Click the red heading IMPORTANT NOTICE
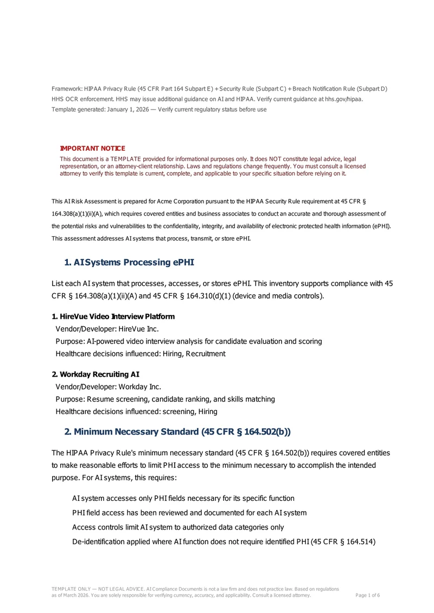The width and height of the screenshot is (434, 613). point(92,149)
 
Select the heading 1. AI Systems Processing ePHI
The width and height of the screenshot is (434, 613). point(129,262)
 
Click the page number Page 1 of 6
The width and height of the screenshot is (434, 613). point(367,595)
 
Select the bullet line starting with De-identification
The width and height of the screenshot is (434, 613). point(224,541)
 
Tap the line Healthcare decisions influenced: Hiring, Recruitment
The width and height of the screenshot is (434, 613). point(141,353)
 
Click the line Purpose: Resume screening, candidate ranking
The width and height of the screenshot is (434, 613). point(165,399)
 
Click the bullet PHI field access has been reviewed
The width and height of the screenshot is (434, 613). point(189,512)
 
